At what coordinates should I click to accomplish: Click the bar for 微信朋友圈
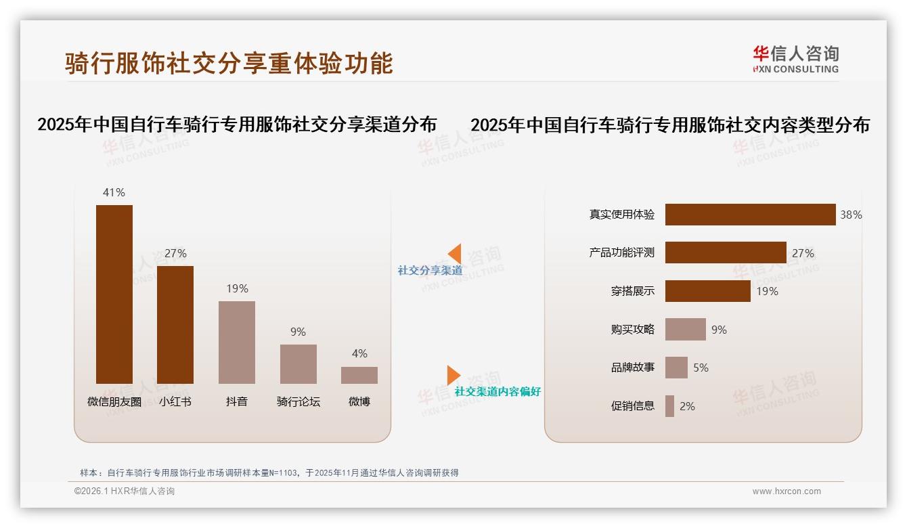114,294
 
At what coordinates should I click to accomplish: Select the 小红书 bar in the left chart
175,325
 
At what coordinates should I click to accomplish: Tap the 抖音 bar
237,343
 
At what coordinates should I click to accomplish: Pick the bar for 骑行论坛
298,364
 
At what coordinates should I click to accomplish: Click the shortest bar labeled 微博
359,376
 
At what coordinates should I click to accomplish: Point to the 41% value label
114,192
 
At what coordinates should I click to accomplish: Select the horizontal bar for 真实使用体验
750,215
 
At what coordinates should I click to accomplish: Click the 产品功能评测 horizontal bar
726,252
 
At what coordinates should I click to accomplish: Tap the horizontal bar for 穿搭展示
707,291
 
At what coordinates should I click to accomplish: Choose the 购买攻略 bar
685,330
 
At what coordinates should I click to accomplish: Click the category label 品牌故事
633,368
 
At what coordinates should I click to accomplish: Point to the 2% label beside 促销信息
687,406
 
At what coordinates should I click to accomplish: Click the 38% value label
851,215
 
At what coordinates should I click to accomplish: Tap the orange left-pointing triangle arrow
455,254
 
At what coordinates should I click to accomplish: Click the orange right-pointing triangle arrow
453,375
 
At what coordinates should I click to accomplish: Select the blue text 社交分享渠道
430,270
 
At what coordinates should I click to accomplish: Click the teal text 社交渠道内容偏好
497,391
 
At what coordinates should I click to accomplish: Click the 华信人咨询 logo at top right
795,59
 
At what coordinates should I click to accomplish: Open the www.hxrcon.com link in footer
787,491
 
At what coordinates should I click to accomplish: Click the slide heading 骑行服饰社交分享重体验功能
229,63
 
